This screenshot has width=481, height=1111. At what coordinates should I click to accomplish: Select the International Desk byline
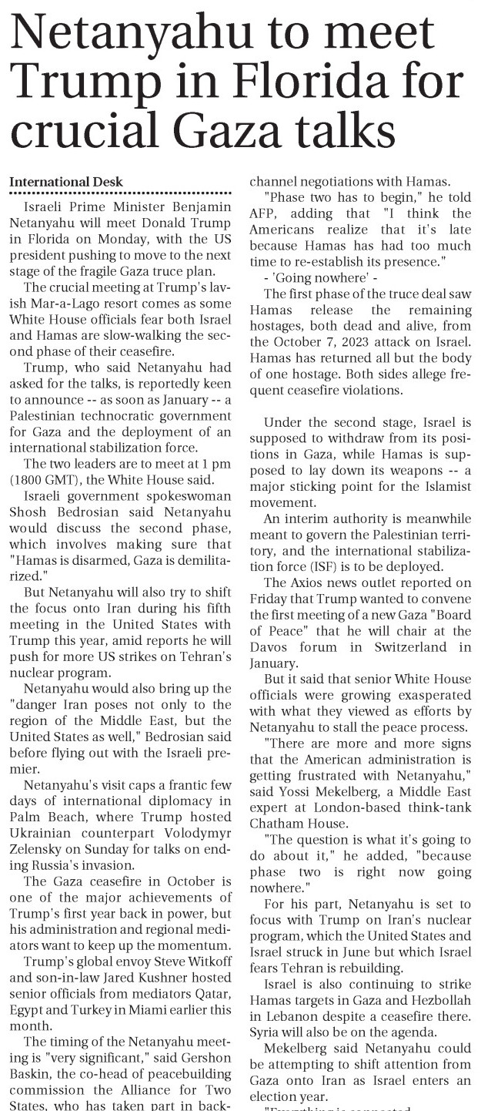coord(66,182)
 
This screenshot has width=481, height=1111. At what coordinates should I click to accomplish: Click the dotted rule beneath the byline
coord(120,193)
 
